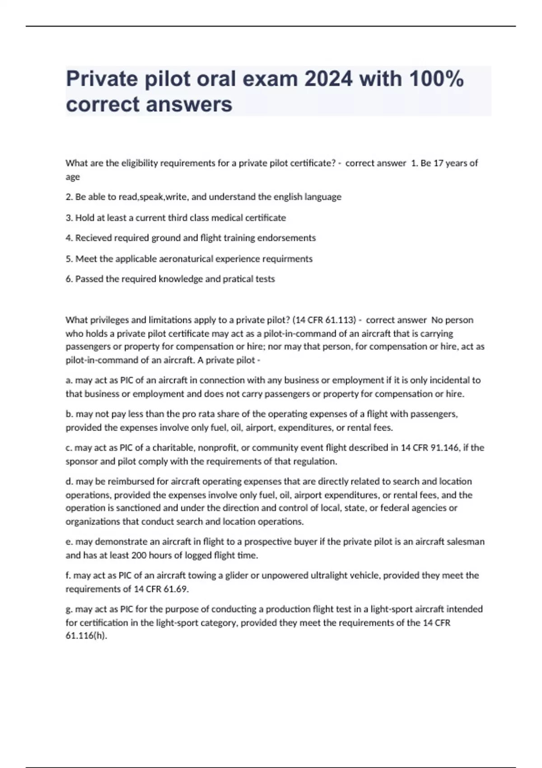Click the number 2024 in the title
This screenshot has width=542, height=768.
(328, 79)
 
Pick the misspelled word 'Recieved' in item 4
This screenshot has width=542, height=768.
(93, 238)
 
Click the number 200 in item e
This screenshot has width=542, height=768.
(139, 555)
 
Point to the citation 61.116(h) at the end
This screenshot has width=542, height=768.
(86, 636)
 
